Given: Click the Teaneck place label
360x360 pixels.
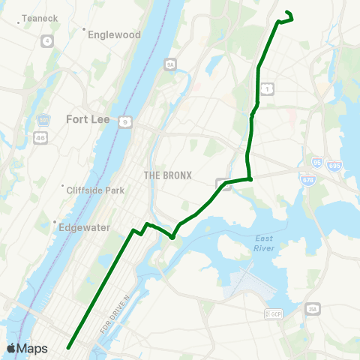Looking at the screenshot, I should point(35,17).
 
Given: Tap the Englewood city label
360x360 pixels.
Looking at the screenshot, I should point(114,34).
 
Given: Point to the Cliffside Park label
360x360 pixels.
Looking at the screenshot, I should point(96,190).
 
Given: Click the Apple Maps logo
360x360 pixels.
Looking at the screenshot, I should point(27,348).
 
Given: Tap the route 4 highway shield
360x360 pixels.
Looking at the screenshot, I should point(48,40).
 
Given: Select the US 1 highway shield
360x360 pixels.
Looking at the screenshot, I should point(266,90).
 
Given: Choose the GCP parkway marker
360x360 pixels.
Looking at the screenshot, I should point(275,314).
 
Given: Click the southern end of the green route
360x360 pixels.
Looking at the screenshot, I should point(68,347).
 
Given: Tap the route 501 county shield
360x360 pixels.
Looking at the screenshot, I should point(43,120).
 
